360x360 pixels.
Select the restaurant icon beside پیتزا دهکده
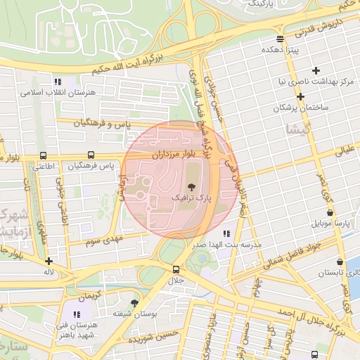click(281, 39)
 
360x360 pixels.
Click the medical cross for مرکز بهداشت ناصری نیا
click(316, 70)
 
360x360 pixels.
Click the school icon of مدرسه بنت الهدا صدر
click(226, 233)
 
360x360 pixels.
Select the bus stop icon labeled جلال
click(175, 269)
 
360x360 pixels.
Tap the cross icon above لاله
click(48, 261)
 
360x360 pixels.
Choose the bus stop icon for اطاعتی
click(44, 155)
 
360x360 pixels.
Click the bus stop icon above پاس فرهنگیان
click(90, 155)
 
